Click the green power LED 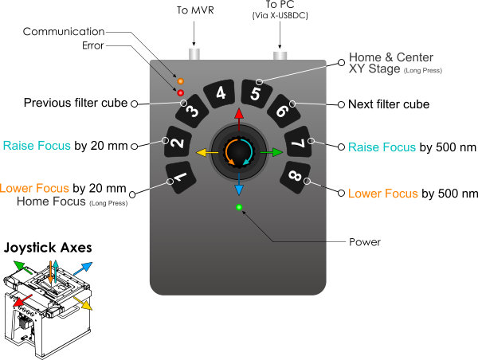point(238,209)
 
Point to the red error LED point(181,93)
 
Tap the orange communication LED point(181,81)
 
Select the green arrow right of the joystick point(274,151)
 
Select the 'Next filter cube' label point(390,104)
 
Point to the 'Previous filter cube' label point(76,104)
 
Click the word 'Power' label point(366,241)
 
